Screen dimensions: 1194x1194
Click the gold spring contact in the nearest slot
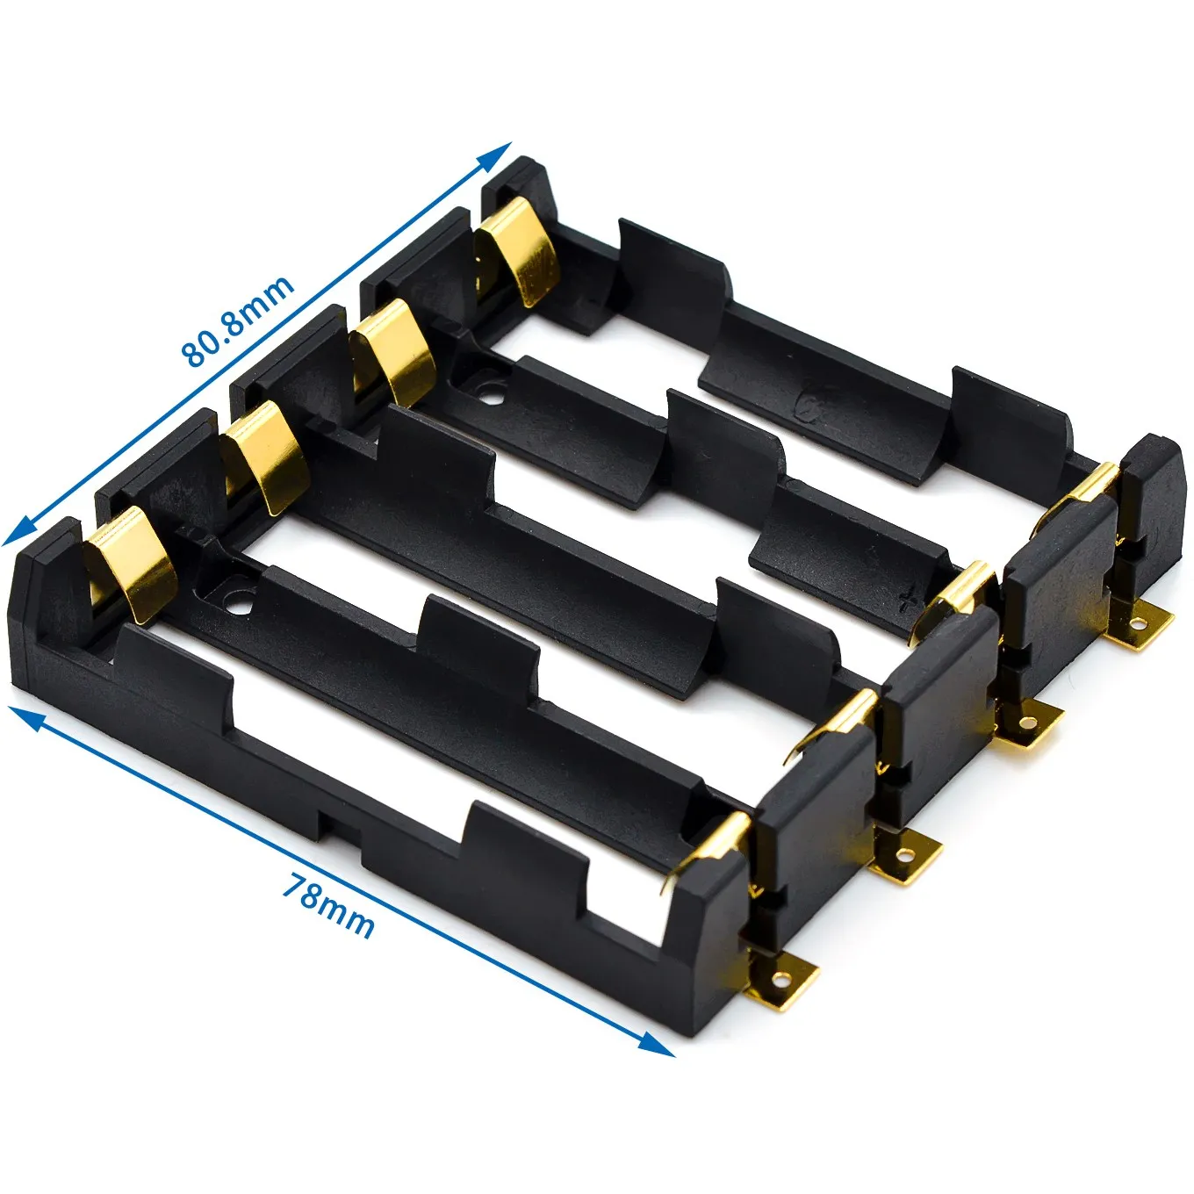pyautogui.click(x=132, y=567)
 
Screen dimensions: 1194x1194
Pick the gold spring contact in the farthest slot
pyautogui.click(x=518, y=250)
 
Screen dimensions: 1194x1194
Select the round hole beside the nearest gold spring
pyautogui.click(x=237, y=604)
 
